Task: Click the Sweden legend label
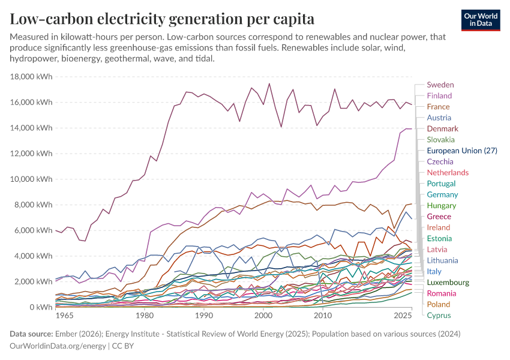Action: [440, 85]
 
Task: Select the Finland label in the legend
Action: [439, 96]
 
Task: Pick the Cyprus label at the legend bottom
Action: [439, 316]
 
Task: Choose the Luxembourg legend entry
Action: [448, 283]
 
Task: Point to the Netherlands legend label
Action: [448, 173]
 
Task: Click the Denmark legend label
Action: [442, 129]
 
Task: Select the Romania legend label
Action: [441, 293]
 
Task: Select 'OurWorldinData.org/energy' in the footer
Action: [56, 346]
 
